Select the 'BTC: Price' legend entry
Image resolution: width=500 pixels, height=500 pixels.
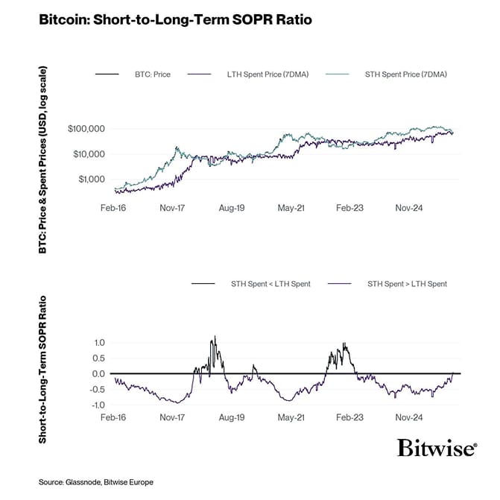pyautogui.click(x=152, y=75)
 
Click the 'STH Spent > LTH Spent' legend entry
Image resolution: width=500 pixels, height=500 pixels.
pyautogui.click(x=408, y=284)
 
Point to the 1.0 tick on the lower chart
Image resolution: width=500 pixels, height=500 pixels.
pyautogui.click(x=98, y=343)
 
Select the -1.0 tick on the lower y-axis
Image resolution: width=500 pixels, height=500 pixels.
pyautogui.click(x=97, y=405)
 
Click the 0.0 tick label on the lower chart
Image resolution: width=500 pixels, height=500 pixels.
pyautogui.click(x=98, y=374)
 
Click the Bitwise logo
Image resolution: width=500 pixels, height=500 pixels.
pyautogui.click(x=437, y=448)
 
